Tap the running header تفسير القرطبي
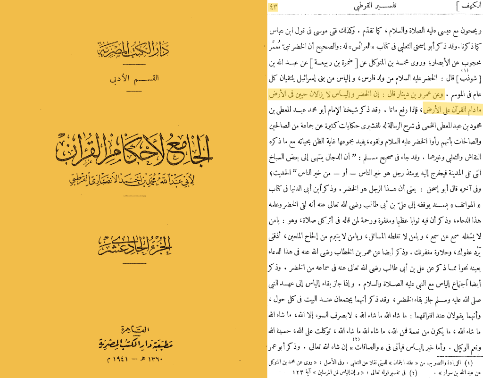coord(372,7)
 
